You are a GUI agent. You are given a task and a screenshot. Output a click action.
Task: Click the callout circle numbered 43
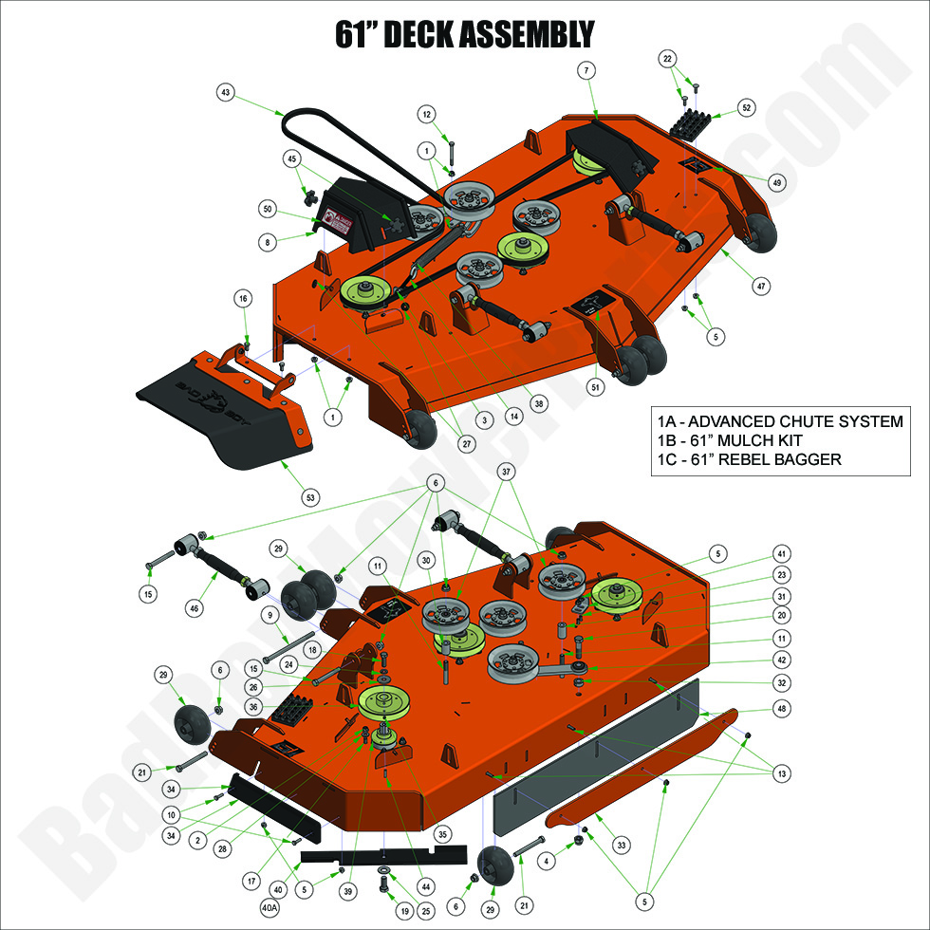coord(225,93)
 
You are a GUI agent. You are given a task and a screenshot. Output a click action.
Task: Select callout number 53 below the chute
coord(309,497)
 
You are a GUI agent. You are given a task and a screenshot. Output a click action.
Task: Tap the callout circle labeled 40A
coord(270,908)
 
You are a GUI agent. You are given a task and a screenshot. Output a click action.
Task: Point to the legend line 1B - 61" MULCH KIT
coord(729,441)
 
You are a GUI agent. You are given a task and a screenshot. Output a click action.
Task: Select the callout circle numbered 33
coord(621,844)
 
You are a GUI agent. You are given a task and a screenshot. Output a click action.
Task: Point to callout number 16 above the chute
coord(243,299)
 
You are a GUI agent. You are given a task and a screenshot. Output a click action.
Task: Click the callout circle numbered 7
coord(587,70)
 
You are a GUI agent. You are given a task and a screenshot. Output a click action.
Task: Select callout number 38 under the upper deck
coord(539,403)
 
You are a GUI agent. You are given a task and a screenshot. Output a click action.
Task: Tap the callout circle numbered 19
coord(378,910)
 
